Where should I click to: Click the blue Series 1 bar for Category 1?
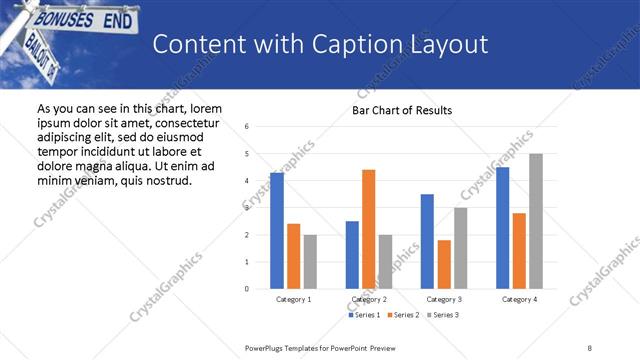pos(277,231)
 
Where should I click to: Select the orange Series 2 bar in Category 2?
pos(368,229)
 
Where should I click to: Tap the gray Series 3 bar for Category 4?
pos(536,221)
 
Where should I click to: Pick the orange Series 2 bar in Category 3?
pos(443,264)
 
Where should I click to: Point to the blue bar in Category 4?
pos(502,228)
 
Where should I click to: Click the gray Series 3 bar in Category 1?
pos(310,262)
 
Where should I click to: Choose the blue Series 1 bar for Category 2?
pos(352,255)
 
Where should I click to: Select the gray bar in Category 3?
pos(460,248)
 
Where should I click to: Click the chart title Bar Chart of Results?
pos(402,110)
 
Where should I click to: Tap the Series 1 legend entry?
pos(362,315)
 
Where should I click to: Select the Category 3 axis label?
pos(443,299)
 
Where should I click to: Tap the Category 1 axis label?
pos(293,299)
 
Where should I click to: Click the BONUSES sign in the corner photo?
pos(62,19)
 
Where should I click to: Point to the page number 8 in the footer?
pos(590,347)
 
